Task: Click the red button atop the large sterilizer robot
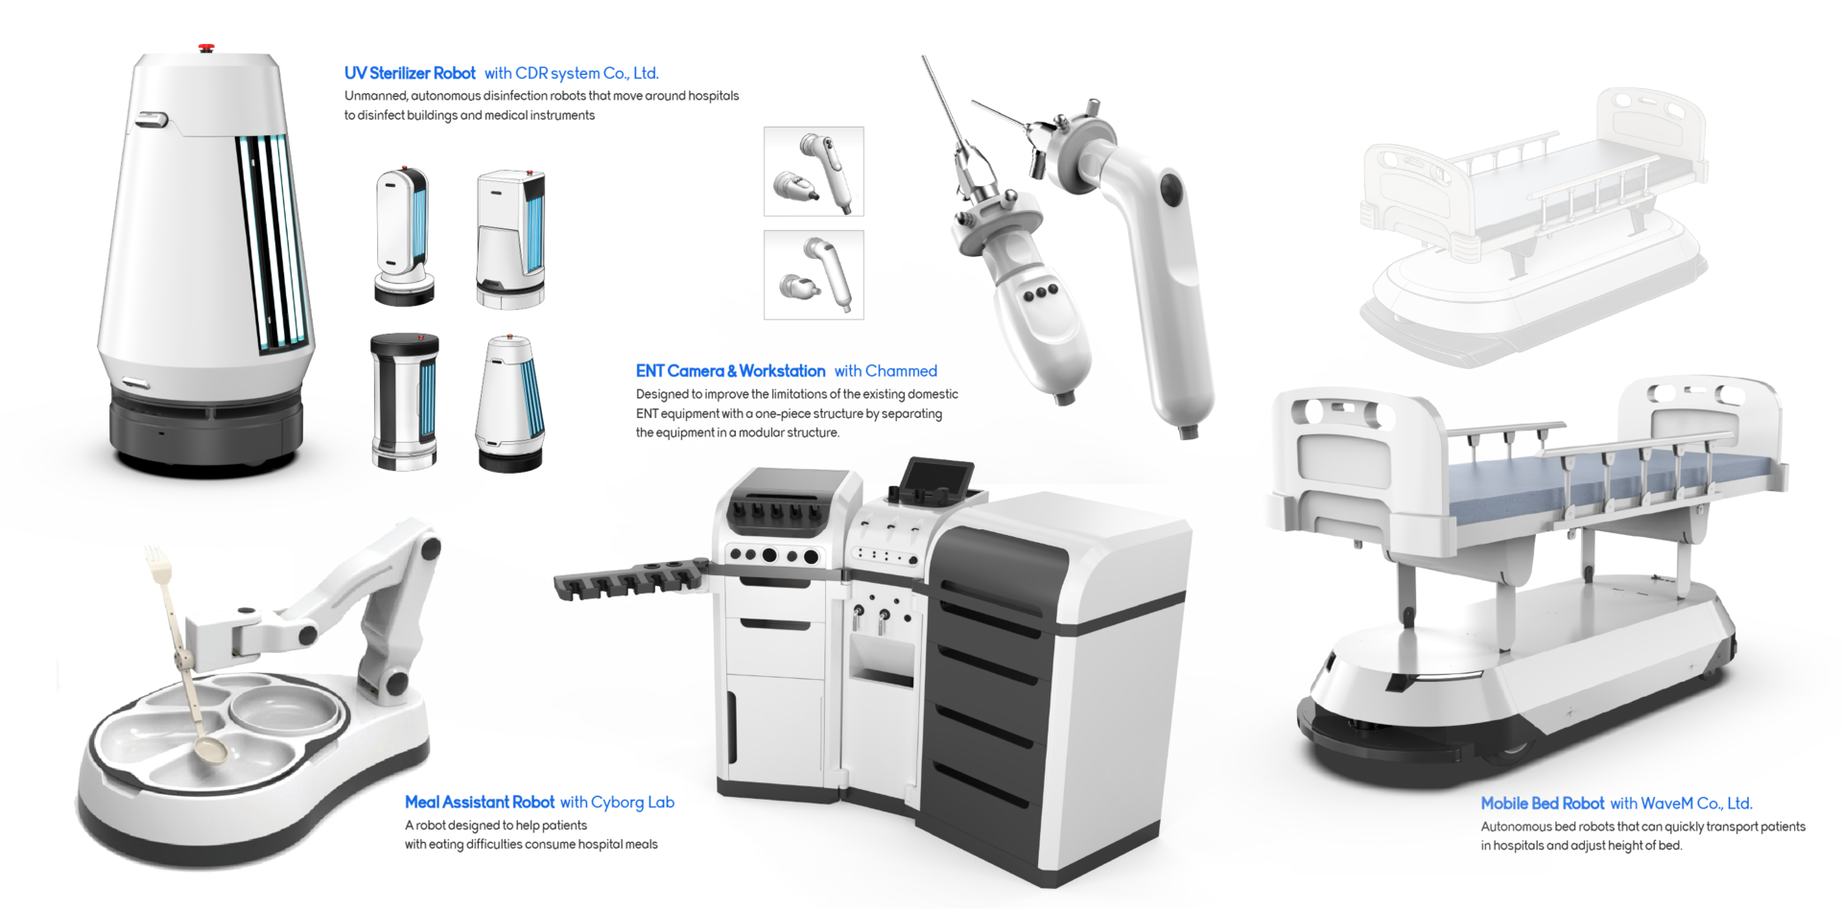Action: (x=206, y=47)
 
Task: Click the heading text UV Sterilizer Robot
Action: (x=410, y=73)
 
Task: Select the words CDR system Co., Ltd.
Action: (x=587, y=73)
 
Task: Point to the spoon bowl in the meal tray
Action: (x=210, y=748)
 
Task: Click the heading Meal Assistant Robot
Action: (x=480, y=803)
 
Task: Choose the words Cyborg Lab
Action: (x=632, y=803)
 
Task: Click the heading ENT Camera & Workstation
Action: (x=730, y=371)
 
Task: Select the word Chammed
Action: (x=901, y=371)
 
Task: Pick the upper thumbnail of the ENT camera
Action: (x=814, y=172)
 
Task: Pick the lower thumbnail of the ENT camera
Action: (x=814, y=275)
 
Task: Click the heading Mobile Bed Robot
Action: (x=1542, y=804)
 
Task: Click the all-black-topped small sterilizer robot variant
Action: (x=405, y=401)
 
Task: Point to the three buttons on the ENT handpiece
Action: (x=1040, y=292)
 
